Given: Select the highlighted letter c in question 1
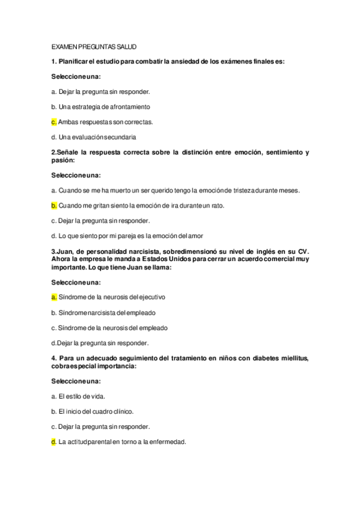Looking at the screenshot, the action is point(53,121).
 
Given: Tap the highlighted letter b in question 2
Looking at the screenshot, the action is point(53,206).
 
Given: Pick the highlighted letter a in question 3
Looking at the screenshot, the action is point(53,297).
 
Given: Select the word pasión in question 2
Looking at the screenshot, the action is point(63,161).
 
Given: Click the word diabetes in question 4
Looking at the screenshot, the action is point(266,359).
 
